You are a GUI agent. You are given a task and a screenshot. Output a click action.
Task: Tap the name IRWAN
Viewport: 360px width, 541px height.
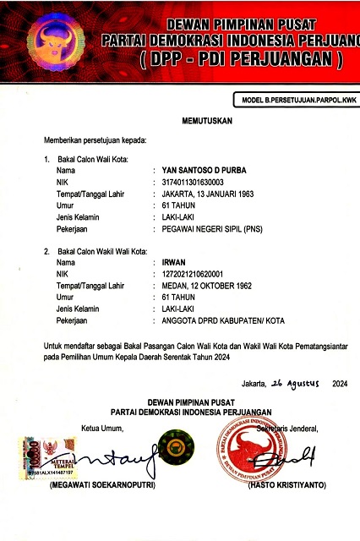(x=173, y=263)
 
